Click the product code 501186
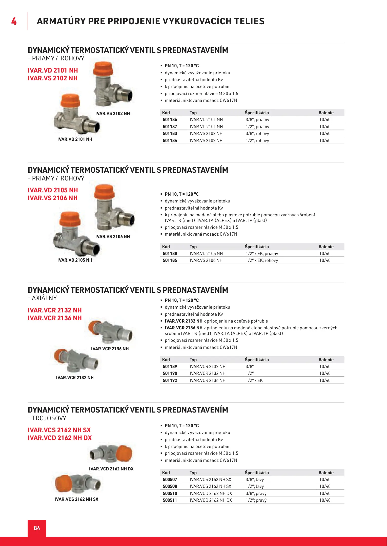pyautogui.click(x=170, y=120)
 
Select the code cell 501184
pyautogui.click(x=170, y=141)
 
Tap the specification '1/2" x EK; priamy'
pyautogui.click(x=262, y=254)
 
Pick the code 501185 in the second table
pyautogui.click(x=170, y=260)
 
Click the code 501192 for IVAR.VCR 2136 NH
pyautogui.click(x=170, y=380)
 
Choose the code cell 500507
pyautogui.click(x=170, y=480)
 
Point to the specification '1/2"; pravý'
pyautogui.click(x=256, y=500)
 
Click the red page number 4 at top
pyautogui.click(x=14, y=21)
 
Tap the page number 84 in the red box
pyautogui.click(x=37, y=528)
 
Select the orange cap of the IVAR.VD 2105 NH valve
pyautogui.click(x=70, y=219)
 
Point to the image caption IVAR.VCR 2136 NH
pyautogui.click(x=110, y=349)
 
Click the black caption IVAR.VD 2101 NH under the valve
pyautogui.click(x=75, y=139)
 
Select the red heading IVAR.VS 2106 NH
pyautogui.click(x=53, y=198)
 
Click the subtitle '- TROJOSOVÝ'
pyautogui.click(x=47, y=418)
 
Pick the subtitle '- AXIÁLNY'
pyautogui.click(x=43, y=298)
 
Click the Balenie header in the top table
pyautogui.click(x=326, y=113)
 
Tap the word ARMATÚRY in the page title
pyautogui.click(x=61, y=21)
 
